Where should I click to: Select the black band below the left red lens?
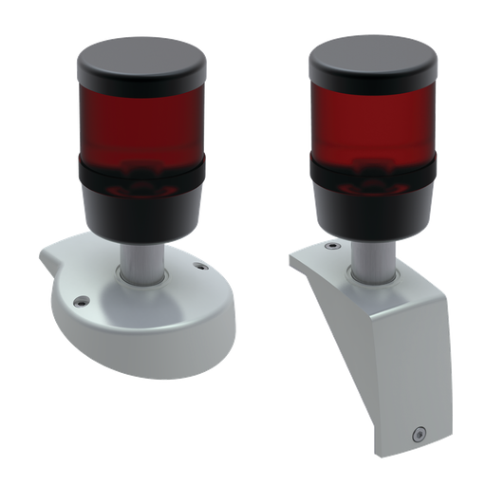click(142, 176)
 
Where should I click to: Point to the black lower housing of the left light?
click(142, 214)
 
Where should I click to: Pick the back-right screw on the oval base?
click(199, 267)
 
